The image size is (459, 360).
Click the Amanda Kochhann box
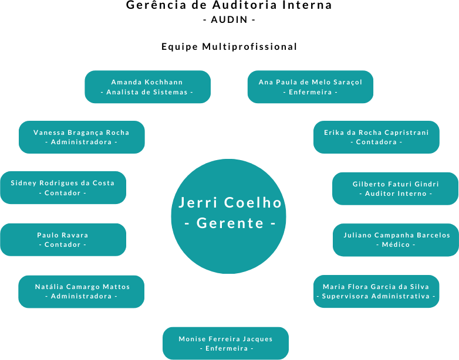coord(147,87)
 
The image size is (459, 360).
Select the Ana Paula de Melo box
coord(310,87)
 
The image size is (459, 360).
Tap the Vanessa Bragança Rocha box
coord(82,137)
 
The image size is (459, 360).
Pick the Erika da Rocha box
coord(376,137)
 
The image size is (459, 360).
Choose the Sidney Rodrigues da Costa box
coord(63,188)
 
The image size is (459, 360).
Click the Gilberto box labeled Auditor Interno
coord(395,188)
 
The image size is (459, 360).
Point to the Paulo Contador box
coord(63,239)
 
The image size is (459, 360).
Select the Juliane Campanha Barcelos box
coord(396,240)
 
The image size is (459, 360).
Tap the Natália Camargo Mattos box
coord(82,291)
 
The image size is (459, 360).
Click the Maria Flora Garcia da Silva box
coord(376,291)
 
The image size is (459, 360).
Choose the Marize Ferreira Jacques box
coord(225,343)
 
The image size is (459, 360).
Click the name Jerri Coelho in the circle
coord(230,203)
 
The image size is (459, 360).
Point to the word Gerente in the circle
coord(230,223)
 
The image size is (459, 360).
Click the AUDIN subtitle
coord(229,19)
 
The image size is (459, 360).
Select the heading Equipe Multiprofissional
coord(230,46)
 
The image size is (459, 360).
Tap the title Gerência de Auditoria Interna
coord(230,5)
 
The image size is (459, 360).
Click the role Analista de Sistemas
coord(147,92)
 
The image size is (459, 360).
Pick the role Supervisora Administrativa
coord(376,297)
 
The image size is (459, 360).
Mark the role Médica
coord(396,244)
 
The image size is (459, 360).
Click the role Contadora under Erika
coord(376,142)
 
